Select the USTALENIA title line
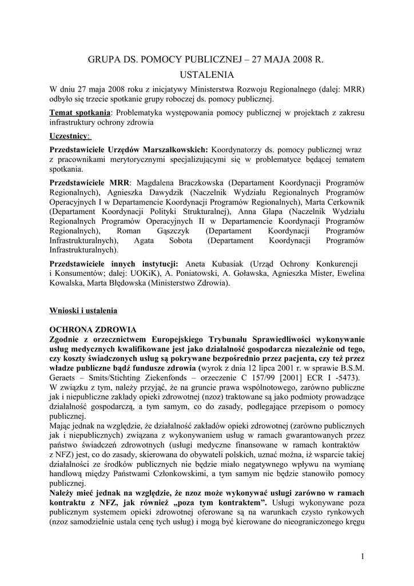pos(206,75)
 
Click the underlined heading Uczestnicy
pos(70,136)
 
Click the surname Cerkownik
pos(344,201)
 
